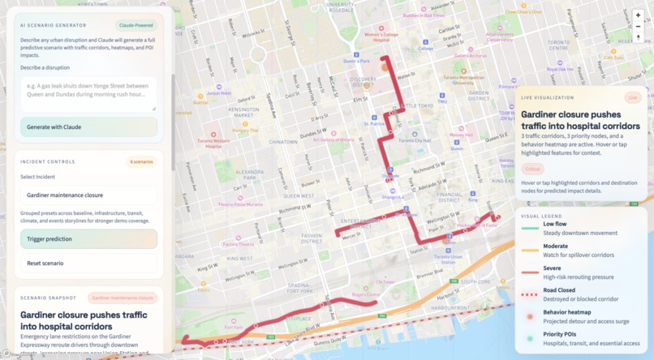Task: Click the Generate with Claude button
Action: click(x=88, y=126)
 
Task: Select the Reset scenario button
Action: click(x=88, y=263)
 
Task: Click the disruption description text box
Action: click(x=88, y=93)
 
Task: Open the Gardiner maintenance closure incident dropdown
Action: click(x=88, y=195)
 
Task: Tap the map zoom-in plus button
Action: click(x=639, y=15)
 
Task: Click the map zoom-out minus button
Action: click(x=639, y=27)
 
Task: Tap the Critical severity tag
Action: click(x=533, y=169)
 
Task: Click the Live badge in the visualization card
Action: click(x=632, y=97)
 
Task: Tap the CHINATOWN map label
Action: click(x=283, y=141)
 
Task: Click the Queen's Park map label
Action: click(x=351, y=60)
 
